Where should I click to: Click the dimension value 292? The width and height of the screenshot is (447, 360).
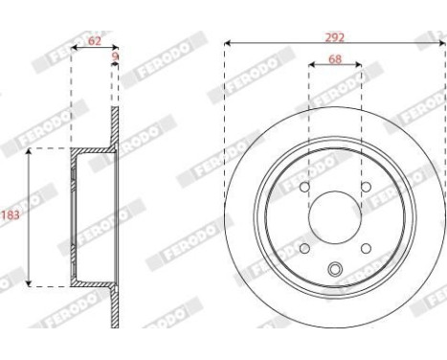[x=334, y=36]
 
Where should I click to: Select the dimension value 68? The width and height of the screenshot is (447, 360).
[x=334, y=59]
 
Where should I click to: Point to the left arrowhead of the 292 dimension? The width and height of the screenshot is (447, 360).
[x=228, y=44]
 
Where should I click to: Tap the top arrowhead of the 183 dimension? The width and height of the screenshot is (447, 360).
[x=30, y=151]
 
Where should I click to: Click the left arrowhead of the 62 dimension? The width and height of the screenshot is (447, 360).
[x=75, y=49]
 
